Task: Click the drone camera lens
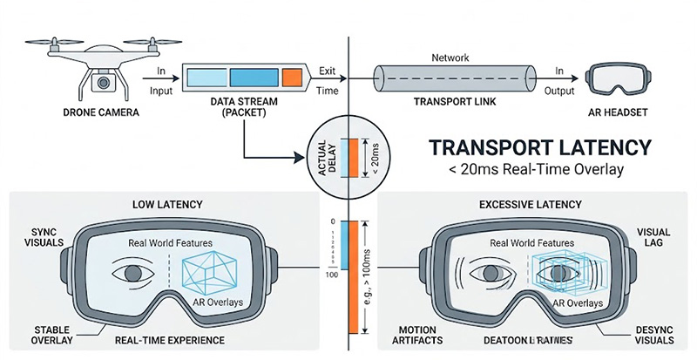103,85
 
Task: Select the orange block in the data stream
293,77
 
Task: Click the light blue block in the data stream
206,77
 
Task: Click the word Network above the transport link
451,58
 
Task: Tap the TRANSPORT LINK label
450,102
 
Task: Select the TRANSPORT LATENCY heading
543,146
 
